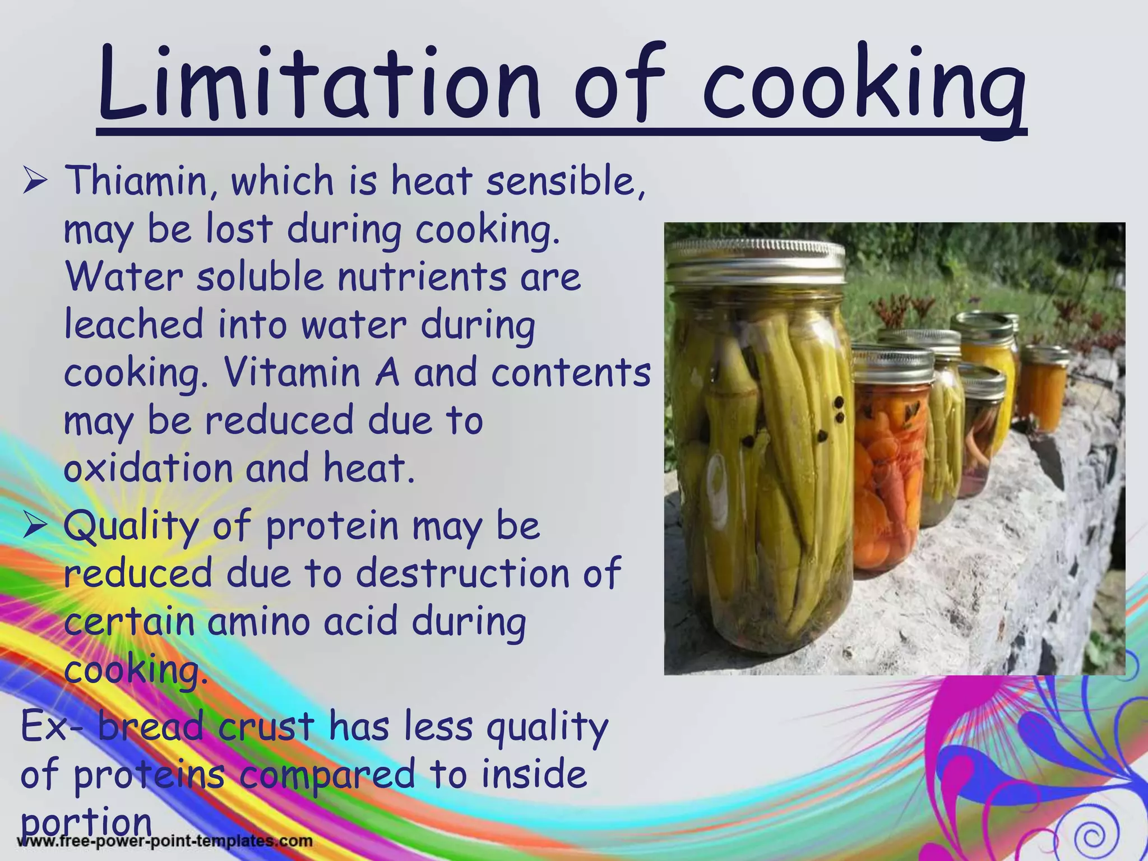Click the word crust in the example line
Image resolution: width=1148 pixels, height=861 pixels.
pyautogui.click(x=266, y=726)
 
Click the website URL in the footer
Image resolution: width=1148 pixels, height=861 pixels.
pyautogui.click(x=166, y=841)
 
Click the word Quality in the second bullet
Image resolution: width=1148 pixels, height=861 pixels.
pyautogui.click(x=131, y=527)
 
